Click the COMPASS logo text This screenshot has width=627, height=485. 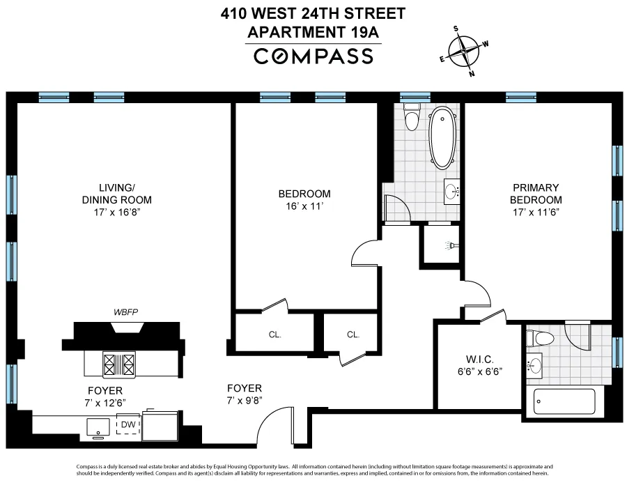pyautogui.click(x=313, y=56)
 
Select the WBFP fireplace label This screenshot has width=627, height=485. pyautogui.click(x=126, y=311)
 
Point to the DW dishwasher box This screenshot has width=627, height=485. pyautogui.click(x=127, y=425)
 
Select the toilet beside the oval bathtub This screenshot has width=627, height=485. pyautogui.click(x=412, y=119)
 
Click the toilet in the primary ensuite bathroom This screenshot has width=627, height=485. pyautogui.click(x=540, y=339)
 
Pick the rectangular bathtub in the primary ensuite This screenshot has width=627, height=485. pyautogui.click(x=564, y=402)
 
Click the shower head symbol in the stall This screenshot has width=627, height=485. pyautogui.click(x=451, y=246)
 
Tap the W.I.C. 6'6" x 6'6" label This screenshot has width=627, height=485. pyautogui.click(x=477, y=365)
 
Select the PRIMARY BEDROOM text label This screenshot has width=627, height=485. pyautogui.click(x=536, y=194)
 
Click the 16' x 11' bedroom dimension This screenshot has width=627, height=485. pyautogui.click(x=304, y=207)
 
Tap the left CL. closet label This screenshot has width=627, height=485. pyautogui.click(x=274, y=334)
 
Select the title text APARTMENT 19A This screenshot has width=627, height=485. pyautogui.click(x=313, y=31)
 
